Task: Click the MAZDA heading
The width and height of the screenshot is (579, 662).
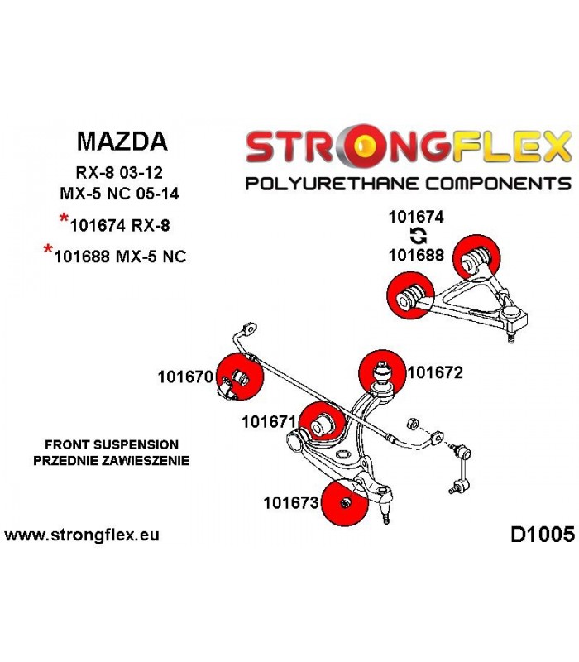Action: coord(122,141)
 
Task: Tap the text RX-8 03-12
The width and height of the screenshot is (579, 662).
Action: coord(119,173)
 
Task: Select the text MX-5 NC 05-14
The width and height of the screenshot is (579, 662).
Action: coord(119,194)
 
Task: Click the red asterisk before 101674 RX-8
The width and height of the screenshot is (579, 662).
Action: coord(65,218)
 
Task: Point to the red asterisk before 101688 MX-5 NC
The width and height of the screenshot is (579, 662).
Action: coord(49,249)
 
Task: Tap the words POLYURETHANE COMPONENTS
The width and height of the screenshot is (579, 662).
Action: coord(408,184)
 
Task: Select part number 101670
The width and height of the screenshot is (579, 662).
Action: coord(185,377)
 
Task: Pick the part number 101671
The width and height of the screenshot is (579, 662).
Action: coord(270,421)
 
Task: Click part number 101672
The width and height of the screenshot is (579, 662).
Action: coord(435,372)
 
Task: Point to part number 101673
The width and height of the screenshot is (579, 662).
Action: coord(291,502)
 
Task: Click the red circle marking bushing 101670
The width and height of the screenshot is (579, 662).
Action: coord(240,376)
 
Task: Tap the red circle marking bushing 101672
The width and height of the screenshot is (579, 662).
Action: coord(382,373)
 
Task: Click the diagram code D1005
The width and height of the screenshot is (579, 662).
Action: coord(543,535)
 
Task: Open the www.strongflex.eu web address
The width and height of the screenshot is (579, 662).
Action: coord(82,535)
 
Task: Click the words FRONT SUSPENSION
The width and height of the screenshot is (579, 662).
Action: coord(112,444)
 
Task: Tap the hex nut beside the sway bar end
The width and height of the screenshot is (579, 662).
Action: coord(412,424)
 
